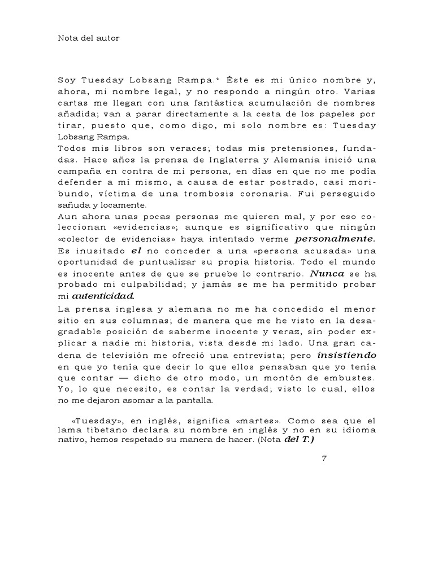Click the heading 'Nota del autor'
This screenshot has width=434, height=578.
(x=89, y=38)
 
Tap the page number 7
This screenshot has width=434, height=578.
(x=324, y=458)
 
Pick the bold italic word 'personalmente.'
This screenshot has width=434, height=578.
(x=336, y=239)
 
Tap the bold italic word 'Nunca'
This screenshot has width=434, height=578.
(x=327, y=273)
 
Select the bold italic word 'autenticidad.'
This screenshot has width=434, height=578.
(x=103, y=296)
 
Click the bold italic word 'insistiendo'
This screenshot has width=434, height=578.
(x=346, y=356)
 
